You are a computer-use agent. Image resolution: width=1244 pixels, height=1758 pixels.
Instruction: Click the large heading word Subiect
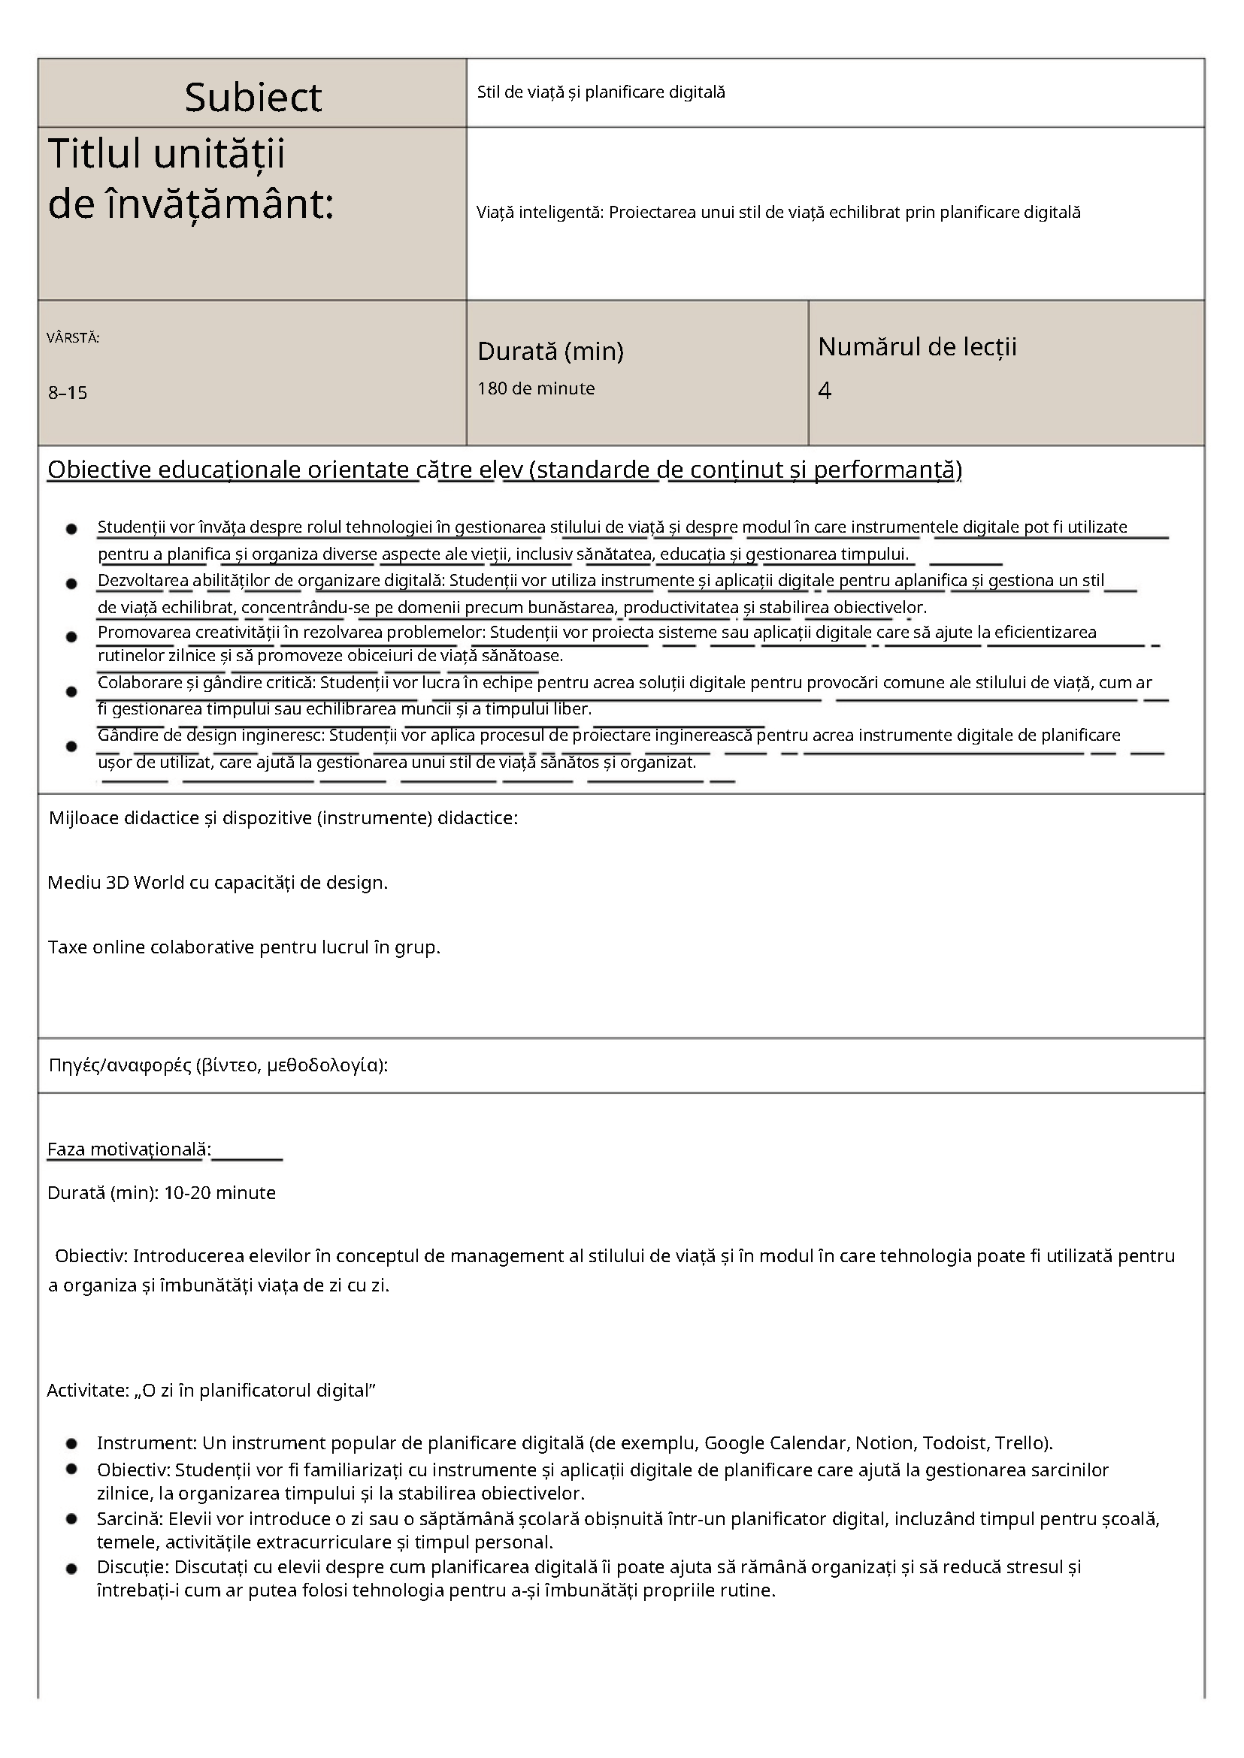253,97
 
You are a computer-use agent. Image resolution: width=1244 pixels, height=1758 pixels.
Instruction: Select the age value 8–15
68,393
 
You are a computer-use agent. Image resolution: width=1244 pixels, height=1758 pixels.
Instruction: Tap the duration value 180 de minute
535,388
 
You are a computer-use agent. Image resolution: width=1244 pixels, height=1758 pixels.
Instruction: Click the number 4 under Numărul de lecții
825,391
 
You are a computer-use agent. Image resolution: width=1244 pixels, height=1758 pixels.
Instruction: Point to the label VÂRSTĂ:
73,337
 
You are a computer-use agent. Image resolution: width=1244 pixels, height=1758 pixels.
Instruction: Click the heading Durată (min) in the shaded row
550,351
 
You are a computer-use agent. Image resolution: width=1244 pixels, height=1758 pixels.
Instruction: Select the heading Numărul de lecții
917,346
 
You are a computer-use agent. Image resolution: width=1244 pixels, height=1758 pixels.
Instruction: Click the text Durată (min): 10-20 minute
162,1192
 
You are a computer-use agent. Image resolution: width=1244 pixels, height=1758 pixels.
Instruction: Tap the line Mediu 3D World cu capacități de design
217,882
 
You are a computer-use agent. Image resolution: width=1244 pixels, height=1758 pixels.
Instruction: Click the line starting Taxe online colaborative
244,947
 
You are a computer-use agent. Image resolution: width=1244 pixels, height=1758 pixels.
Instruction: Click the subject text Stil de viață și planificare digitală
601,92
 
